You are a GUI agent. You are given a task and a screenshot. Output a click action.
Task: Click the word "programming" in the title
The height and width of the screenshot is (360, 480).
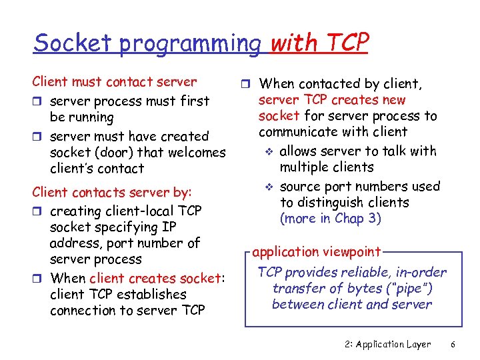pyautogui.click(x=192, y=44)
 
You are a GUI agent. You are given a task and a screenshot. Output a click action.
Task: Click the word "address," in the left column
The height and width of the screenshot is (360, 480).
pyautogui.click(x=76, y=243)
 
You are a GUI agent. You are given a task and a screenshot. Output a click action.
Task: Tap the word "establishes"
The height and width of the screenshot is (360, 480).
pyautogui.click(x=151, y=294)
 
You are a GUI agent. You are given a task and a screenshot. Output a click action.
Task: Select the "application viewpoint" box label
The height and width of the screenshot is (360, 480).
pyautogui.click(x=316, y=251)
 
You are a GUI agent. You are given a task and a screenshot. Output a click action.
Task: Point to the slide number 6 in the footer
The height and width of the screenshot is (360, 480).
pyautogui.click(x=453, y=344)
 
